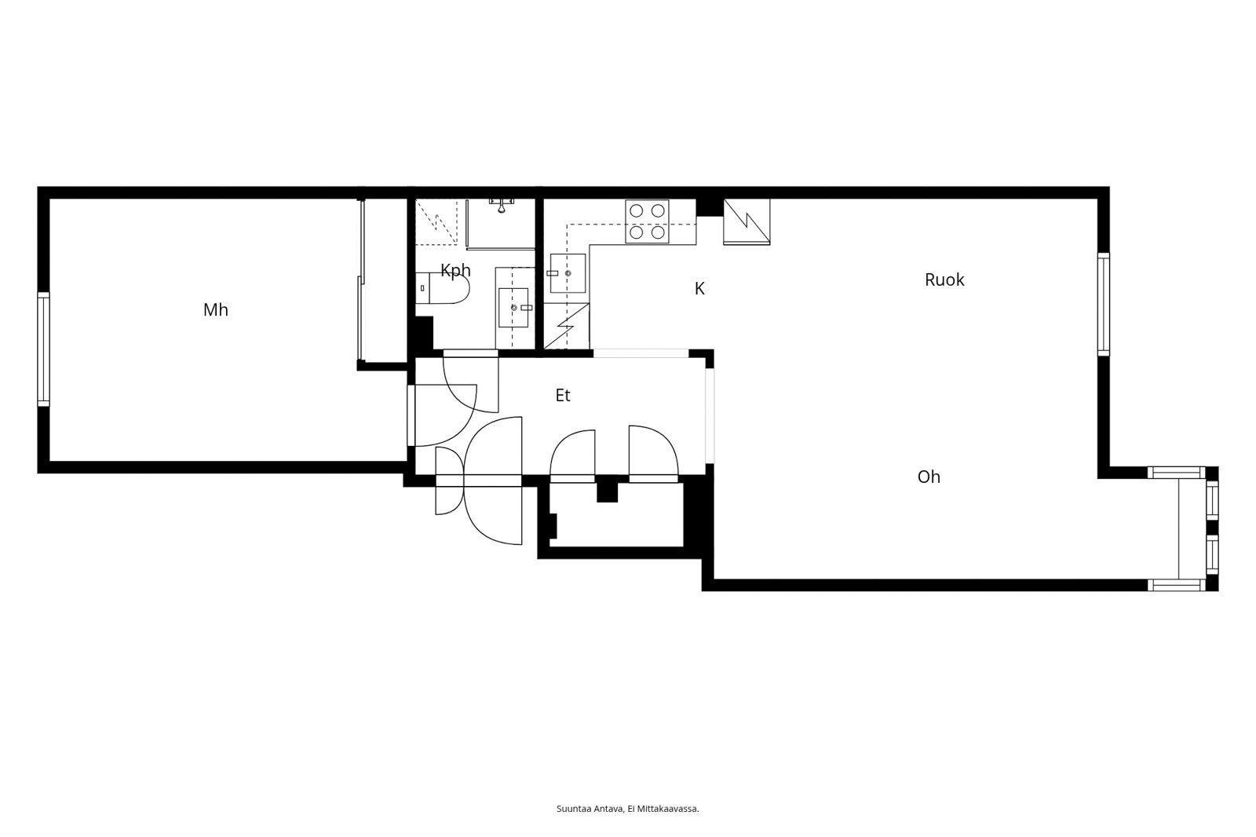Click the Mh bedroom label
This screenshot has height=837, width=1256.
[x=215, y=309]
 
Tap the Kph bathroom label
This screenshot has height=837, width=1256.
[x=455, y=270]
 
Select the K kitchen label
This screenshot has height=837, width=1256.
[x=699, y=288]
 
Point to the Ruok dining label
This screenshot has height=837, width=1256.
[x=944, y=280]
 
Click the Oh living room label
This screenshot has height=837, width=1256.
[x=929, y=477]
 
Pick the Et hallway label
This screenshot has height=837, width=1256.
[x=562, y=396]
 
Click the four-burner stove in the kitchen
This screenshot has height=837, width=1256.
[x=647, y=221]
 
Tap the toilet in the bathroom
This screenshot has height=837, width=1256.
[x=443, y=288]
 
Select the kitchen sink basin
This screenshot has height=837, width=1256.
[x=568, y=273]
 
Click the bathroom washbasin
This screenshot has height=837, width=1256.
[x=513, y=308]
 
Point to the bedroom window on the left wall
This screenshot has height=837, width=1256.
[x=43, y=349]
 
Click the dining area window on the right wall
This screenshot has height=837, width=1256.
[x=1103, y=304]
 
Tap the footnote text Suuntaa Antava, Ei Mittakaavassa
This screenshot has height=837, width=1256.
[x=627, y=809]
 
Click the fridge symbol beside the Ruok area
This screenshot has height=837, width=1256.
[x=747, y=221]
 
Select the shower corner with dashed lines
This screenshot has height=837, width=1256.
[x=436, y=221]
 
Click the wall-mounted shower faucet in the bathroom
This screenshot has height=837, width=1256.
[x=502, y=204]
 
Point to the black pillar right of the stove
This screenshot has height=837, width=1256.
[x=710, y=207]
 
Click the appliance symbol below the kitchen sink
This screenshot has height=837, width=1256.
[x=566, y=326]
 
